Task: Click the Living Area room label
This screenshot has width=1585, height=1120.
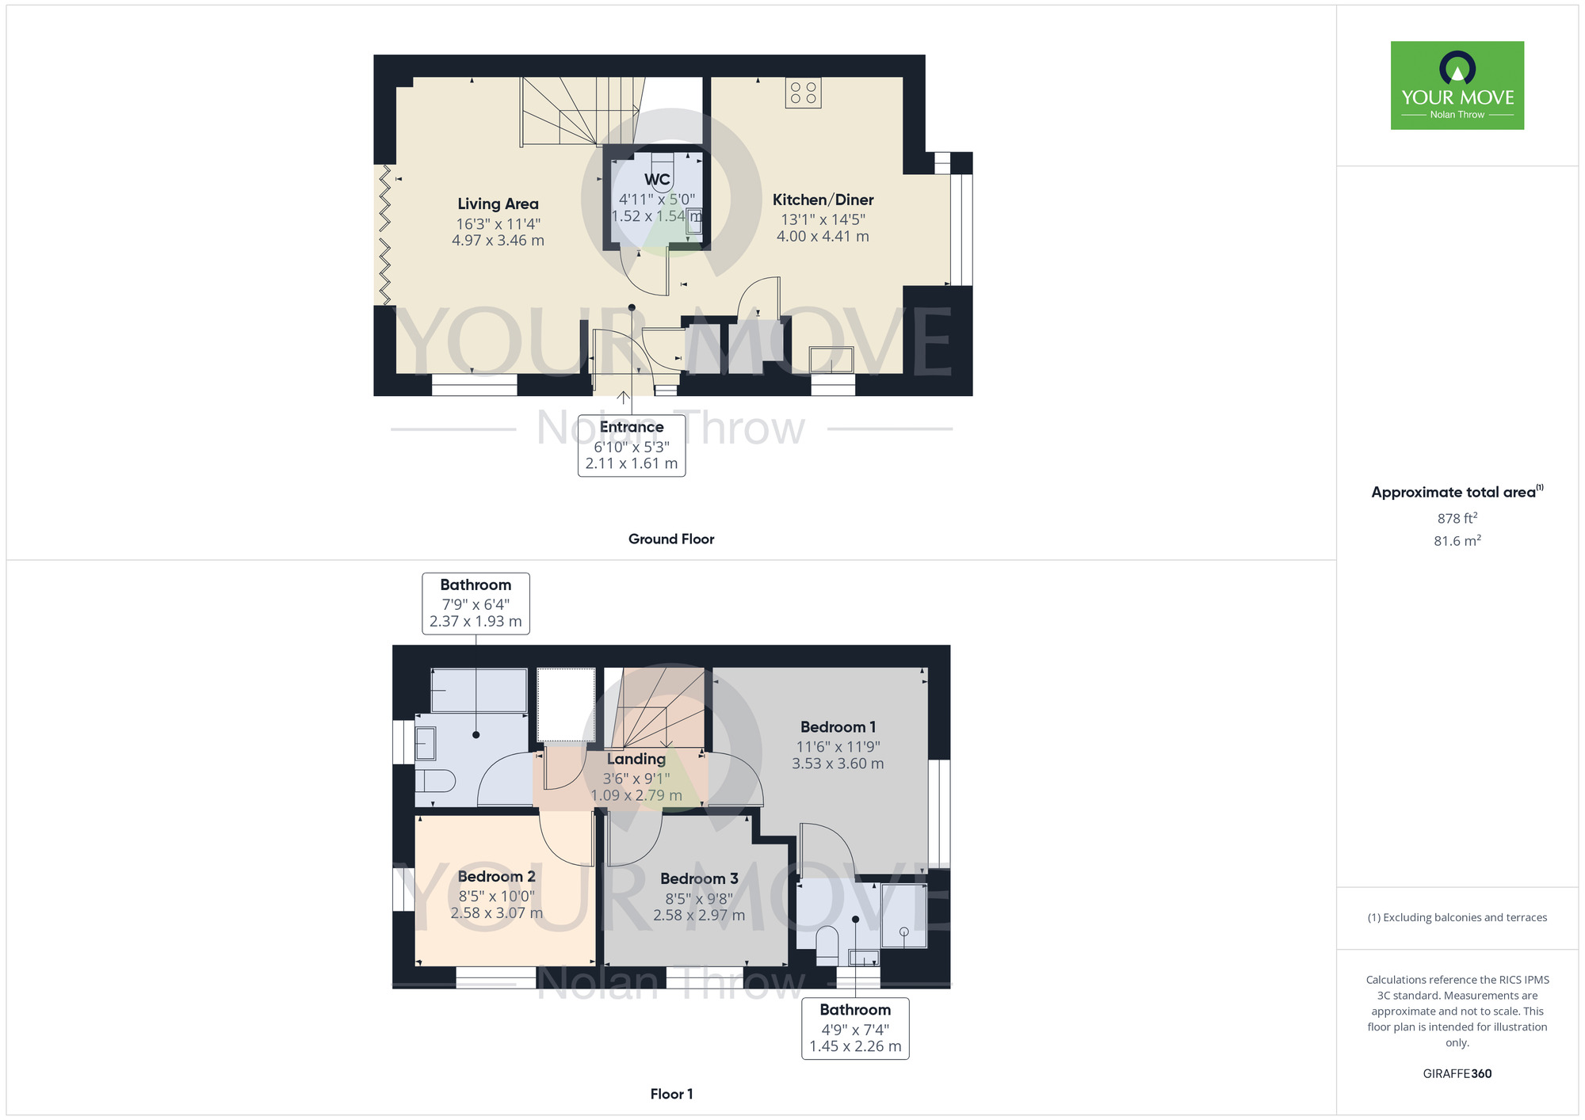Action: point(498,204)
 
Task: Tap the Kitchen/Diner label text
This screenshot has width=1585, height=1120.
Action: point(823,200)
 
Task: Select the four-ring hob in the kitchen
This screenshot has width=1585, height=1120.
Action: point(804,93)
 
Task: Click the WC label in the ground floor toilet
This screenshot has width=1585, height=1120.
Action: point(657,180)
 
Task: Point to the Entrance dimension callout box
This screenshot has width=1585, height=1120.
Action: point(632,445)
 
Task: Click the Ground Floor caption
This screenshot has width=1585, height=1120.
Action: point(671,539)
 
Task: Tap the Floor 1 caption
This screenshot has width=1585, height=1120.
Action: point(671,1094)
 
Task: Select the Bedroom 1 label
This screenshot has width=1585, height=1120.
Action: point(838,726)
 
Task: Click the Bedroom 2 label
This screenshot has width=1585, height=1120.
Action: point(496,876)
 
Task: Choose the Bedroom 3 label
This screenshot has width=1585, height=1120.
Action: point(699,878)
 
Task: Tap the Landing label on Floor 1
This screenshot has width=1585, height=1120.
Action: point(636,759)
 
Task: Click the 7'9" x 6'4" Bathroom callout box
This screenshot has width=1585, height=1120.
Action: point(475,604)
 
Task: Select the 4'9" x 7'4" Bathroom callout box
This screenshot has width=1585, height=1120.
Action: point(855,1028)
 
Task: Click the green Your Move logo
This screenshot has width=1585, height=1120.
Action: point(1457,86)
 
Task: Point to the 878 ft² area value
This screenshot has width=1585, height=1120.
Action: point(1457,518)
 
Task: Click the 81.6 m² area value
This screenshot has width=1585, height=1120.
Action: point(1457,540)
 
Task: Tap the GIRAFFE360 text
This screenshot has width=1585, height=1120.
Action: point(1457,1074)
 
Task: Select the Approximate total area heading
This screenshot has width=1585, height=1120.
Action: point(1457,492)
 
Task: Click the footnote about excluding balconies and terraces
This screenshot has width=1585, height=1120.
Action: point(1457,917)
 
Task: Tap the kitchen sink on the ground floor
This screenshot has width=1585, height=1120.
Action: point(831,360)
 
